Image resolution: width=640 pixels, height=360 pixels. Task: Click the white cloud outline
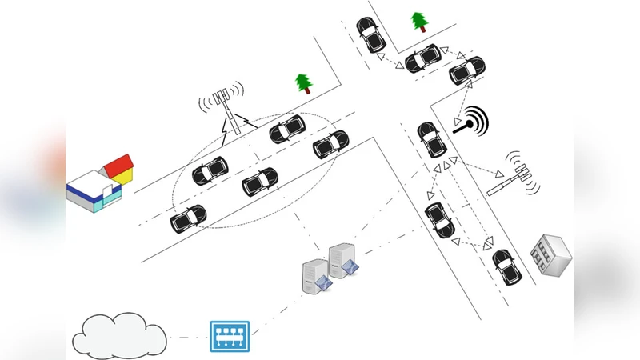[x=119, y=334]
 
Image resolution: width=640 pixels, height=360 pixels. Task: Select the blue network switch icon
[x=230, y=336]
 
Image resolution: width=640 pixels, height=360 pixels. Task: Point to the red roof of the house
[x=118, y=165]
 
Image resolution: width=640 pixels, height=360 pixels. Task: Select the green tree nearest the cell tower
[x=302, y=82]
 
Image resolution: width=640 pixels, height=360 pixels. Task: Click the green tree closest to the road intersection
[x=418, y=21]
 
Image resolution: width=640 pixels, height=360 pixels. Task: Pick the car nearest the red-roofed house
[x=189, y=218]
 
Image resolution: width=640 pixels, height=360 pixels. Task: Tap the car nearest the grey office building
[x=504, y=267]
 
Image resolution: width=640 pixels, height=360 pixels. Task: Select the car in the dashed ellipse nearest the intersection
[x=330, y=144]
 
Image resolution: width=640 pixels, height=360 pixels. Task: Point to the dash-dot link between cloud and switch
[x=187, y=337]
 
